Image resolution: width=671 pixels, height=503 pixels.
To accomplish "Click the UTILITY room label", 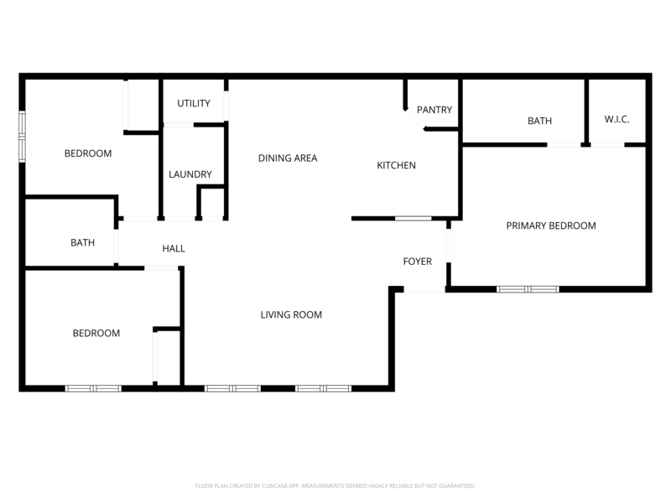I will (193, 103).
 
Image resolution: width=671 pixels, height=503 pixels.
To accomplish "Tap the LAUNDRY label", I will (190, 174).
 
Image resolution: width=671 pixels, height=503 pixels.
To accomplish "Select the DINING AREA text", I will (288, 158).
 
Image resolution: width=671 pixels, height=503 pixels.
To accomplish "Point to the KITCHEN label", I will (396, 165).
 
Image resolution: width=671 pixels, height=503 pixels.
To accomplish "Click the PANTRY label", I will (434, 110).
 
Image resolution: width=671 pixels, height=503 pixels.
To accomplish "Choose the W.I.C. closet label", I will (616, 119).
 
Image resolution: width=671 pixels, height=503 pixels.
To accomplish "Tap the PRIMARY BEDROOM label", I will (551, 226).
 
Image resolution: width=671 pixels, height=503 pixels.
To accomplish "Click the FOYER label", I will (418, 262).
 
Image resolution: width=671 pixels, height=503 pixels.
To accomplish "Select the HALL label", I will (174, 248).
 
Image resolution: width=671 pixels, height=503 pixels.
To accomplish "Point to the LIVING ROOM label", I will (291, 315).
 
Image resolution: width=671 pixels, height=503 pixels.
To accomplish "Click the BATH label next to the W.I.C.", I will (539, 121).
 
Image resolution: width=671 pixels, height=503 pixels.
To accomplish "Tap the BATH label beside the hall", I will (82, 242).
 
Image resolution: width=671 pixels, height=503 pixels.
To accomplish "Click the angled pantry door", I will (415, 122).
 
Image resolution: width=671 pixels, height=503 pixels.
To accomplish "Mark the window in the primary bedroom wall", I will (528, 289).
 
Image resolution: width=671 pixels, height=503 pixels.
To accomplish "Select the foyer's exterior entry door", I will (424, 290).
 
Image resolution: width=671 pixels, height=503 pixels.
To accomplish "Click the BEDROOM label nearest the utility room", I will (88, 153).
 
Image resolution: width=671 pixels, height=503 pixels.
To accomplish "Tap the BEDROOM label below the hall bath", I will (96, 333).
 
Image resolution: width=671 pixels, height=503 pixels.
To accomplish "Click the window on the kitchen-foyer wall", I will (413, 219).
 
